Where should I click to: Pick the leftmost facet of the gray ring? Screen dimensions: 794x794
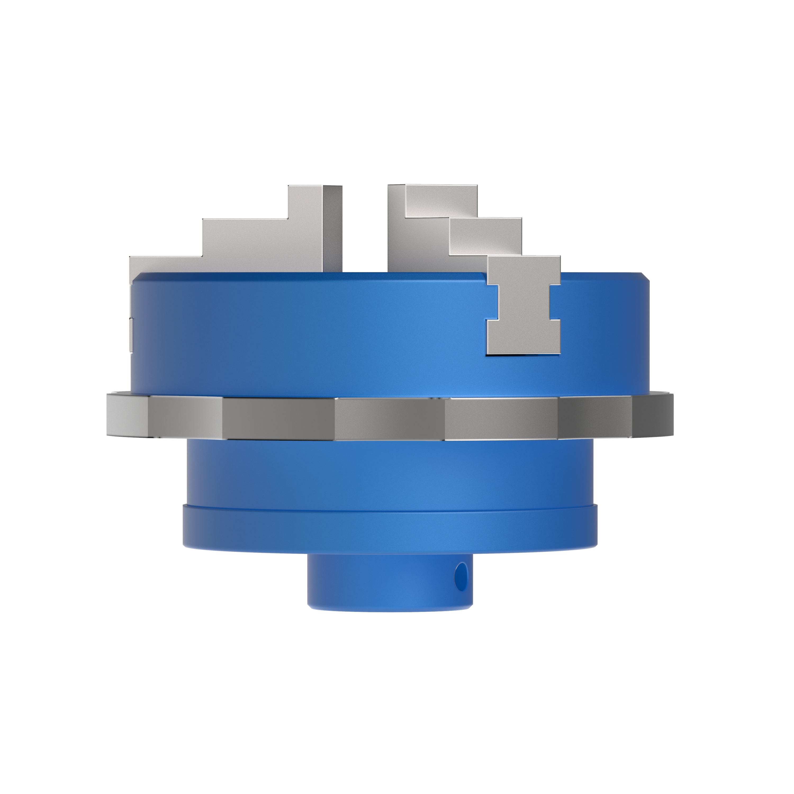pyautogui.click(x=127, y=415)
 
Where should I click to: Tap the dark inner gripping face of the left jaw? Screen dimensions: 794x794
pyautogui.click(x=332, y=228)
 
